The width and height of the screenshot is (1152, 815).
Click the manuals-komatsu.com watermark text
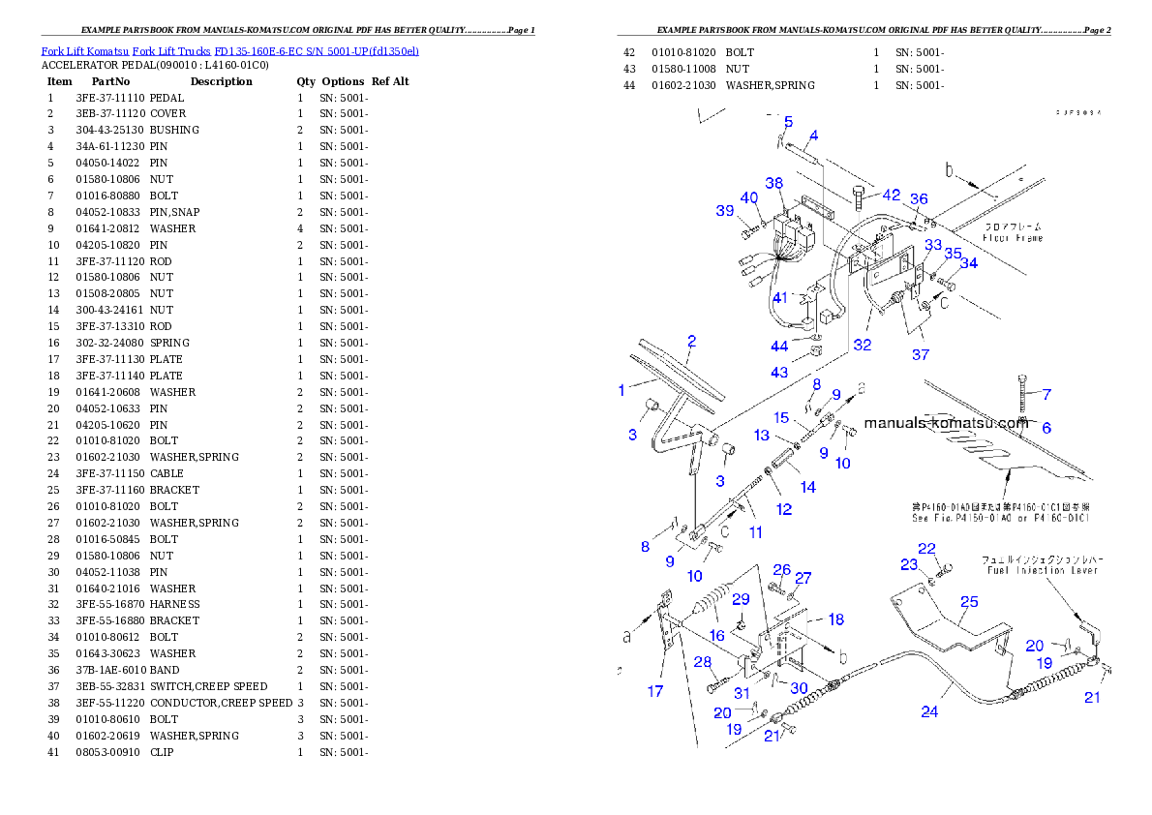[946, 423]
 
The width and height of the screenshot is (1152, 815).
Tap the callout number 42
[891, 195]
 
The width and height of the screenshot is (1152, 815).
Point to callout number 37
[920, 355]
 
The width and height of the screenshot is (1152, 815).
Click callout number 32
[862, 344]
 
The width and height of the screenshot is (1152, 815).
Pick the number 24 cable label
[929, 711]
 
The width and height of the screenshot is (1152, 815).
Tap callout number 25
[969, 602]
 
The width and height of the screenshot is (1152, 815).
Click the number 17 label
[655, 691]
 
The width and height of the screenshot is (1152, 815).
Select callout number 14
[807, 488]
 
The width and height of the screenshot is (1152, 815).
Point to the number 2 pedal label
[691, 341]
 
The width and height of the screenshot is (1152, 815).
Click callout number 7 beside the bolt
[1046, 394]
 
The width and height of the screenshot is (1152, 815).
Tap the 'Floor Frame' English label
[1013, 237]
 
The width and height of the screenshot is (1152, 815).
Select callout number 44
[779, 347]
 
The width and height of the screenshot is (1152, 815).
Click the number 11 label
[756, 532]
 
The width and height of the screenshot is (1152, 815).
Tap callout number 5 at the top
[788, 122]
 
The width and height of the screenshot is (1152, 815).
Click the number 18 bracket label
[835, 619]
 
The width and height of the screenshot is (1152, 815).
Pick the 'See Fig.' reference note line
[1000, 518]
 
